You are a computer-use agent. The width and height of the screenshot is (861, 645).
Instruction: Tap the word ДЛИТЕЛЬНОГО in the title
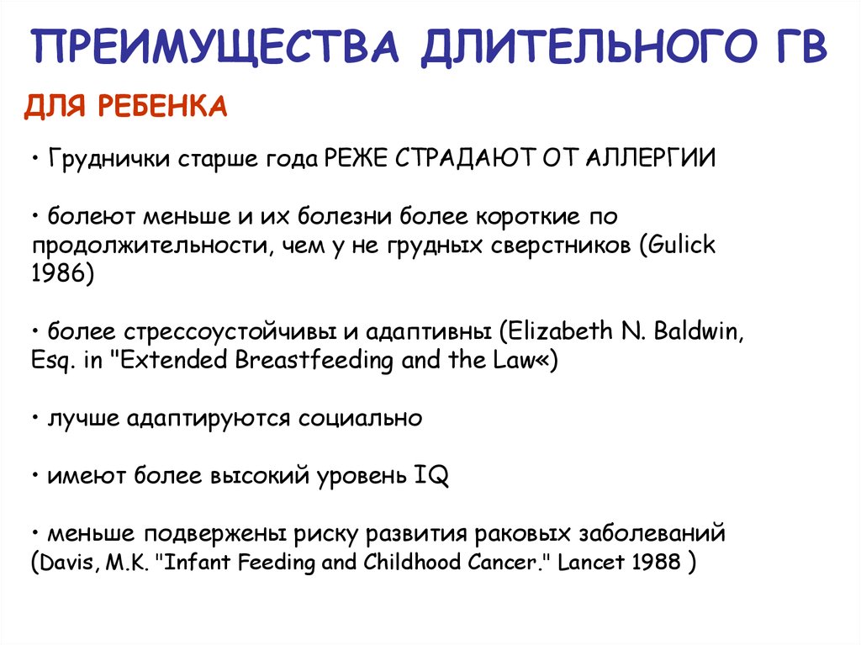[578, 47]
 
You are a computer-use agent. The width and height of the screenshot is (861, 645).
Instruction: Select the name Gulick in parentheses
[682, 246]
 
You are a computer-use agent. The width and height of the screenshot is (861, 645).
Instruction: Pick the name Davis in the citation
[69, 562]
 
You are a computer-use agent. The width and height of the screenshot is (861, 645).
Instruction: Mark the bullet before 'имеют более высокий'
[37, 476]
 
